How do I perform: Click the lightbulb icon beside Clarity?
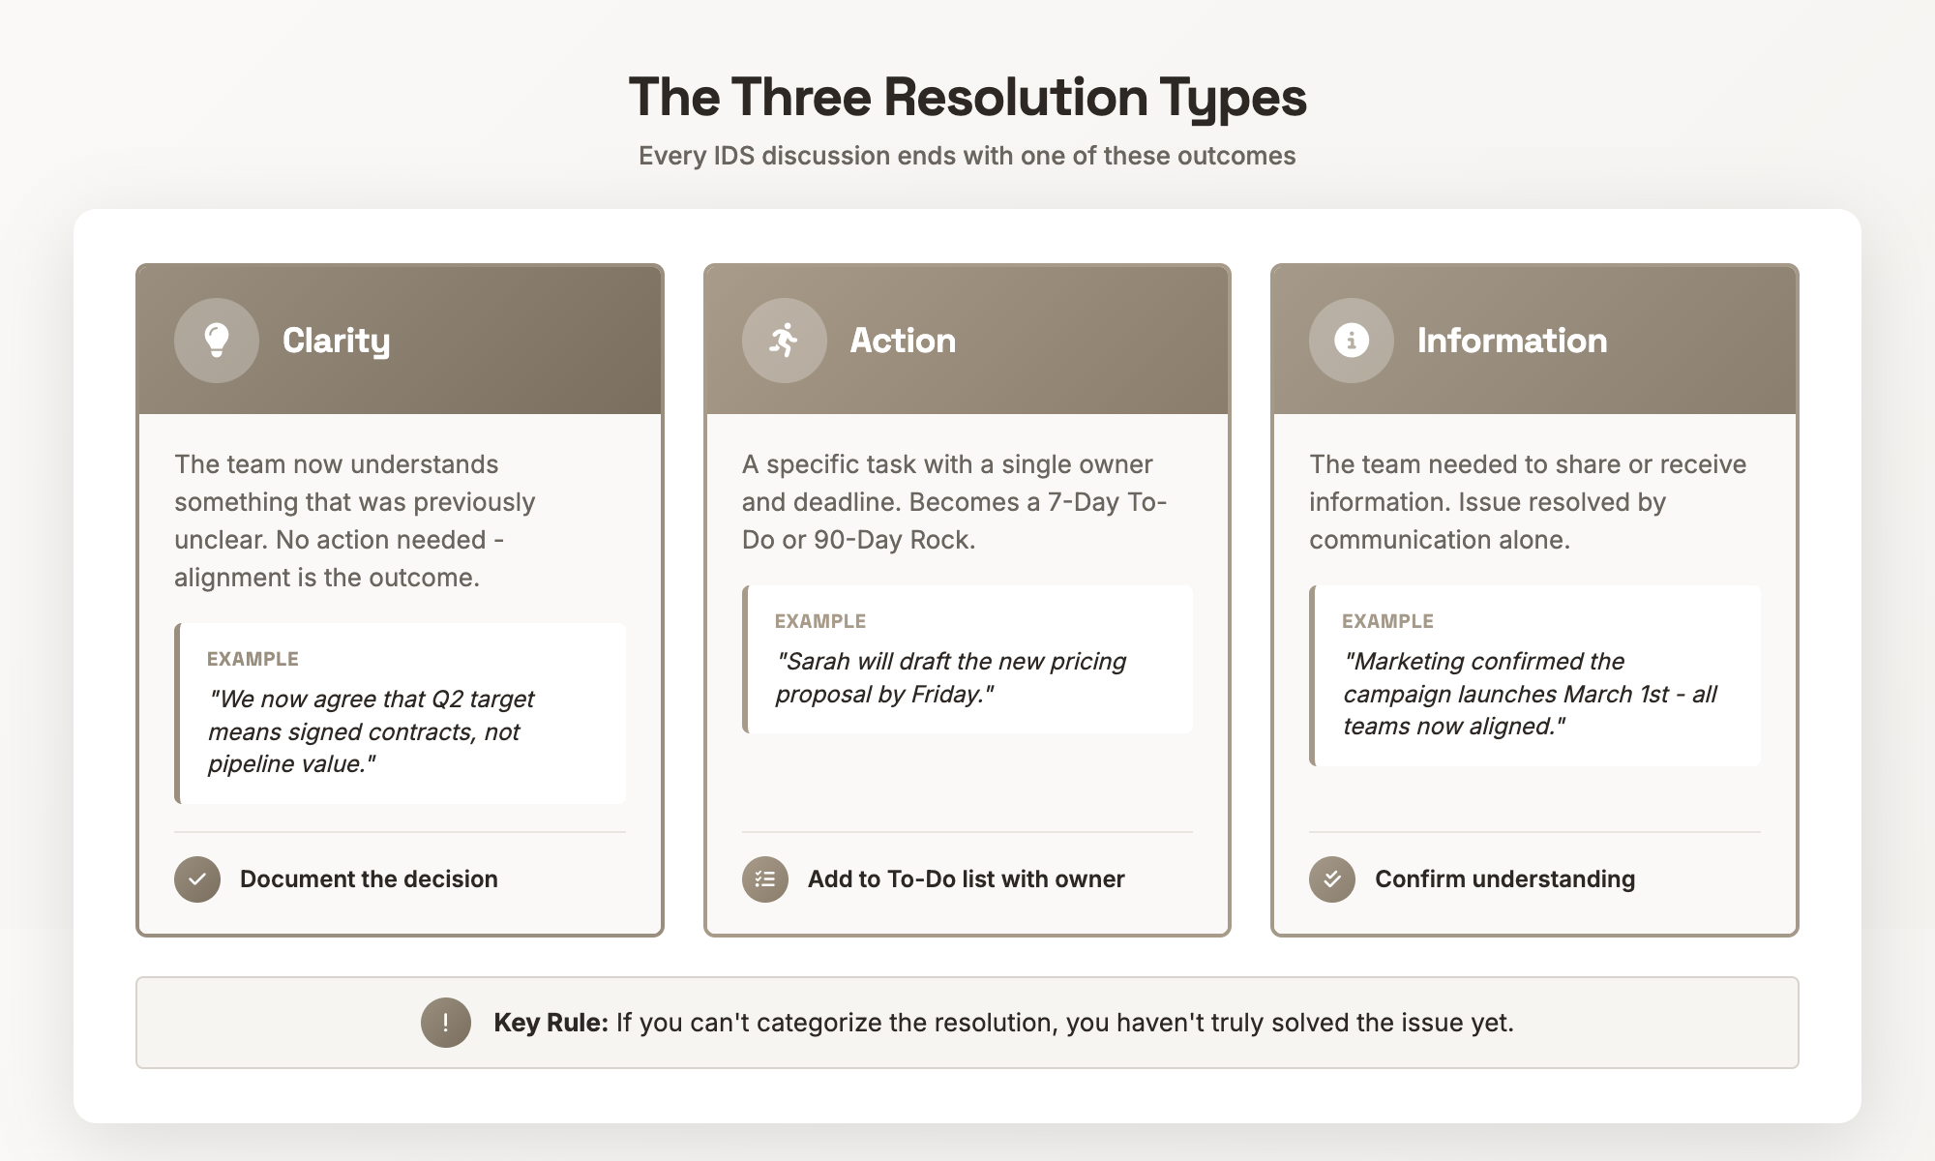(x=217, y=340)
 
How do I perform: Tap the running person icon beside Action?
(x=784, y=340)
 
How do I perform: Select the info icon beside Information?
(x=1351, y=340)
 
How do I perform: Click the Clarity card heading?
(x=336, y=341)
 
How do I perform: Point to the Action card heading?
(x=903, y=341)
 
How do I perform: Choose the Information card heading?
(x=1511, y=341)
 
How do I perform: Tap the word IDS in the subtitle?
(x=733, y=156)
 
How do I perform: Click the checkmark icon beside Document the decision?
(x=197, y=879)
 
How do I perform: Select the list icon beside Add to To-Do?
(x=765, y=879)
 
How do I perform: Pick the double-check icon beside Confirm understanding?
(x=1332, y=879)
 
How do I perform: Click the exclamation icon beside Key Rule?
(x=445, y=1023)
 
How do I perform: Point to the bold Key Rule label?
(x=551, y=1023)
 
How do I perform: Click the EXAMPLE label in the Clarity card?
(x=253, y=659)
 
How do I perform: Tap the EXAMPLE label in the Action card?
(x=820, y=621)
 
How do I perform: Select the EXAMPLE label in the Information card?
(x=1387, y=621)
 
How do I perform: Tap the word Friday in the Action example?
(x=947, y=695)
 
